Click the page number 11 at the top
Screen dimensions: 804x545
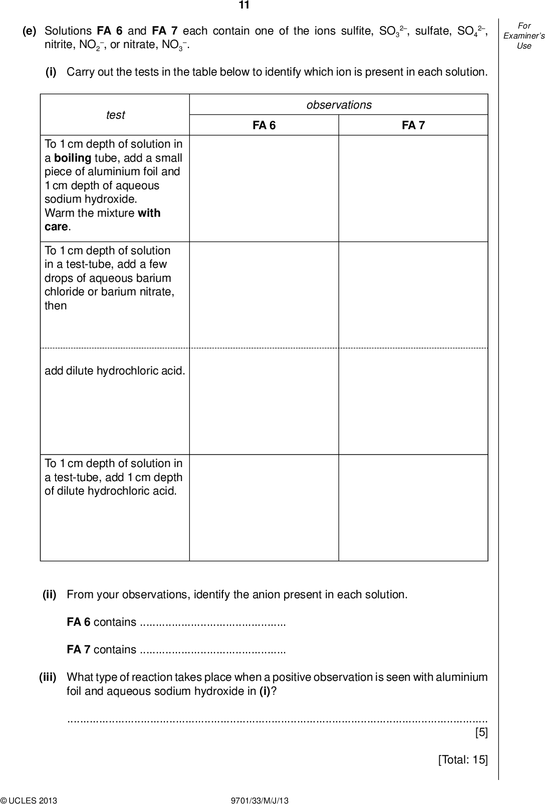(x=244, y=6)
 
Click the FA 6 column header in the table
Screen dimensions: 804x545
(x=264, y=126)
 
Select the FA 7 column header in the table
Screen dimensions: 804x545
(x=413, y=126)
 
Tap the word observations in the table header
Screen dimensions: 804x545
(x=339, y=105)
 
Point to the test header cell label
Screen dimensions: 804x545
(x=115, y=115)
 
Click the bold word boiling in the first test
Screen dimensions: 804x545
(x=72, y=158)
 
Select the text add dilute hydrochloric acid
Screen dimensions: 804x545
(x=115, y=371)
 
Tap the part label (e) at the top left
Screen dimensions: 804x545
(x=30, y=31)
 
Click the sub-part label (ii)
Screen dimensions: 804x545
(x=50, y=595)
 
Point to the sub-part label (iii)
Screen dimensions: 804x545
(x=48, y=677)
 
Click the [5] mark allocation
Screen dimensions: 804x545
(x=481, y=733)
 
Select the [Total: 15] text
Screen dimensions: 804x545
(x=462, y=760)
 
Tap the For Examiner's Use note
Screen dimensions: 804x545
(x=524, y=36)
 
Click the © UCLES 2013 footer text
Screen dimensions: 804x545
(x=29, y=800)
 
